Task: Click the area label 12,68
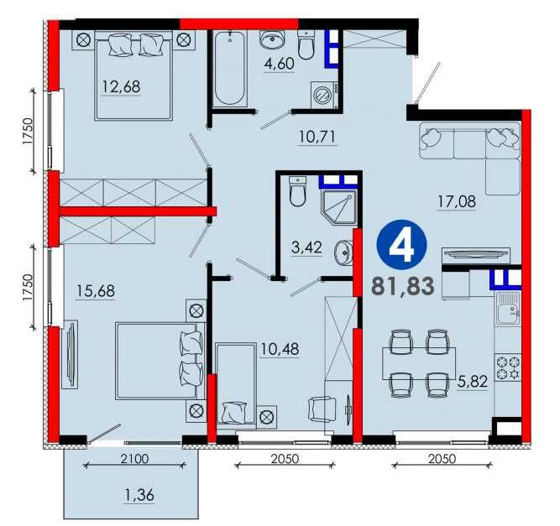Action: (x=122, y=86)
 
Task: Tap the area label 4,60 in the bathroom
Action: (x=280, y=64)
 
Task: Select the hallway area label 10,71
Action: (x=317, y=137)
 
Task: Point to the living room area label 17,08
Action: (x=457, y=201)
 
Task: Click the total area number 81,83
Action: (x=403, y=286)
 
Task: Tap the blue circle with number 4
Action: (x=402, y=245)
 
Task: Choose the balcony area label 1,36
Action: (x=139, y=495)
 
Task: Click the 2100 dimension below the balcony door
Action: (x=134, y=459)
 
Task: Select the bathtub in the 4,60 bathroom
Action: (x=230, y=68)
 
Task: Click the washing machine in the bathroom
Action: (x=325, y=95)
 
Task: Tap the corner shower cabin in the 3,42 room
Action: (x=339, y=207)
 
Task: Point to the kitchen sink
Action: (x=508, y=308)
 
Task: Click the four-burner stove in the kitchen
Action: (x=508, y=367)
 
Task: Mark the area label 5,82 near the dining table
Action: (x=473, y=382)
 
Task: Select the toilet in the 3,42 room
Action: (x=297, y=191)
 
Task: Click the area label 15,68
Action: (x=96, y=291)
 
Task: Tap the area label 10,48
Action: (x=280, y=349)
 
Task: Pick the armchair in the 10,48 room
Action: (x=322, y=409)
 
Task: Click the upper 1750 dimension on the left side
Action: (x=28, y=131)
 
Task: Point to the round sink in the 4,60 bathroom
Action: (x=273, y=39)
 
